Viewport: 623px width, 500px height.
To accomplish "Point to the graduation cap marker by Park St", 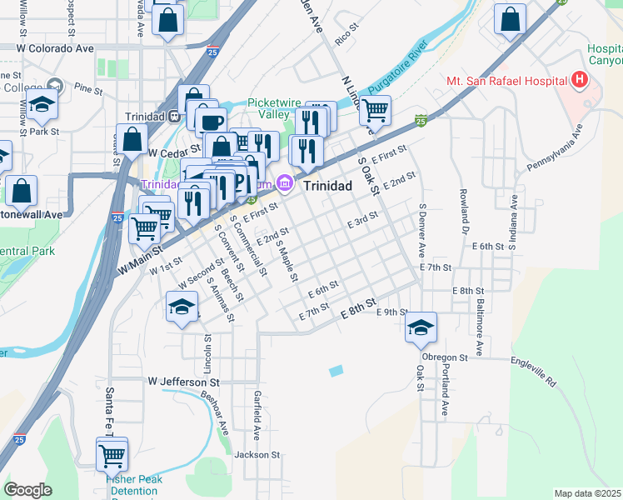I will pos(41,106).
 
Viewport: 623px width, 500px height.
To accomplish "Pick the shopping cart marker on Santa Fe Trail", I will pos(112,455).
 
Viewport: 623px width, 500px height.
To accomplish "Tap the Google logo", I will pos(27,490).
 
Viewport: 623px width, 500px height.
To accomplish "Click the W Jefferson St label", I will pos(183,382).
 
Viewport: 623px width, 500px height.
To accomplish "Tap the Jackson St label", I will pos(257,454).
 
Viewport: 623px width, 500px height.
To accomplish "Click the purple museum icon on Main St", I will pos(285,182).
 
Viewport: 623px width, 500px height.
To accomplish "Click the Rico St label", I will pos(345,33).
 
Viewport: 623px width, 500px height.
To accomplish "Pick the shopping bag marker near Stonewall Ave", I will pos(22,191).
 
